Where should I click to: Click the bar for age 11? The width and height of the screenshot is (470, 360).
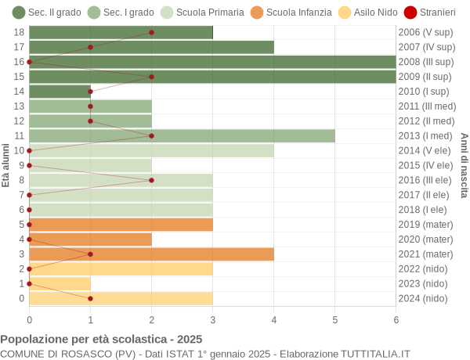click(182, 136)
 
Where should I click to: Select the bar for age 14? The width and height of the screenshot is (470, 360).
click(60, 92)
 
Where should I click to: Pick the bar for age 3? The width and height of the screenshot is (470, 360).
click(151, 254)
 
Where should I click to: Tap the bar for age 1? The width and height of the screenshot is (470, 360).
click(60, 283)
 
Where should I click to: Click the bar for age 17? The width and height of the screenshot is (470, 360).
click(151, 47)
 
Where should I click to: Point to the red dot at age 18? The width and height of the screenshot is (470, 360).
click(151, 33)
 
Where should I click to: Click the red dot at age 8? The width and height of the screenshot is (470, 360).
click(151, 180)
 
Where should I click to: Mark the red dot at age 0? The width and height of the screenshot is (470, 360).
click(90, 298)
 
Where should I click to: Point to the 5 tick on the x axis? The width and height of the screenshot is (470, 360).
click(334, 319)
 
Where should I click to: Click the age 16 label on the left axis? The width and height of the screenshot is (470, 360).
click(20, 62)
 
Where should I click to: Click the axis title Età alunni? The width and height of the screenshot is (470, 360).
click(6, 165)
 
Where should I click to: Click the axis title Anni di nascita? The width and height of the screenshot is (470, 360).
click(464, 165)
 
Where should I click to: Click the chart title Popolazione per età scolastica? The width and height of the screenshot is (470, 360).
click(101, 340)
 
